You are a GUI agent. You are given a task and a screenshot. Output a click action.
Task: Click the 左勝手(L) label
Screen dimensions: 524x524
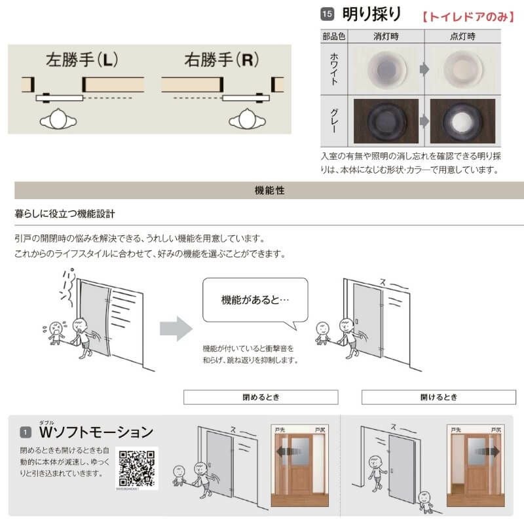(82, 61)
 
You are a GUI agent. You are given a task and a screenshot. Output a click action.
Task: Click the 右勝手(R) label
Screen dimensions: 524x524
(222, 61)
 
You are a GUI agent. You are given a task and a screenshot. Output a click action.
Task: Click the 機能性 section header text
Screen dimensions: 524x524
(269, 191)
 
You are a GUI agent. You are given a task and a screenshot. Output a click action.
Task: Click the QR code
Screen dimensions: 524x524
(137, 467)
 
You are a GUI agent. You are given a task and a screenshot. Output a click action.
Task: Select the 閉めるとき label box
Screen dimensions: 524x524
(260, 397)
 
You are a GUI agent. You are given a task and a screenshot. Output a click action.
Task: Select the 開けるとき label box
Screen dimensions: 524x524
(438, 397)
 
